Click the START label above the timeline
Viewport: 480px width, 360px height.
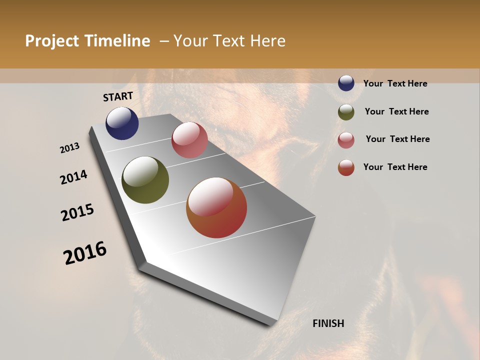click(118, 96)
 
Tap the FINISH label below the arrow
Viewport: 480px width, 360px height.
click(328, 323)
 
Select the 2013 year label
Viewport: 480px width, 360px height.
click(70, 148)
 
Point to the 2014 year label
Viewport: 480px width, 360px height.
click(73, 177)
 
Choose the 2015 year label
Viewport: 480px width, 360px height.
click(77, 212)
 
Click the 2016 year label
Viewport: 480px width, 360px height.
click(85, 253)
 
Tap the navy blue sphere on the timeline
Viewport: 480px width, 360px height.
click(122, 123)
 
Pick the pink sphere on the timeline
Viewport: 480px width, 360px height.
click(189, 140)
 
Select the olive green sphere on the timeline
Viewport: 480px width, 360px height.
click(145, 180)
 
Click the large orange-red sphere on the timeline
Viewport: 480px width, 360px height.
click(216, 207)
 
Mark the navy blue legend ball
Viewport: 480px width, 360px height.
click(346, 83)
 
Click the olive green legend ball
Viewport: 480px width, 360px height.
click(346, 112)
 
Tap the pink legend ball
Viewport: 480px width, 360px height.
click(346, 140)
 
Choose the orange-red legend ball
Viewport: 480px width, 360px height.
click(346, 167)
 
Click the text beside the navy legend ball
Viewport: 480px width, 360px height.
click(395, 83)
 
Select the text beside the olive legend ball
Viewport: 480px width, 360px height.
click(396, 111)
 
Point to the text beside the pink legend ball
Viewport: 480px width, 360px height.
click(397, 139)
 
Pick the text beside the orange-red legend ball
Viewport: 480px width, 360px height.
click(395, 167)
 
